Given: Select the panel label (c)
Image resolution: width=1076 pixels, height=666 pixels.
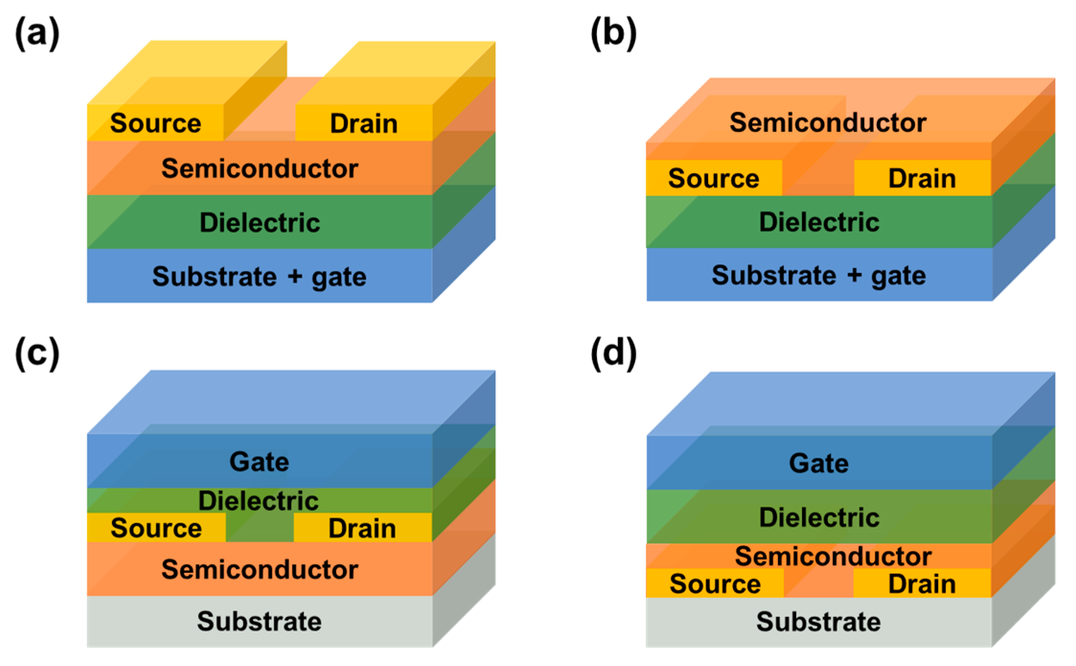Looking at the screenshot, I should [x=37, y=353].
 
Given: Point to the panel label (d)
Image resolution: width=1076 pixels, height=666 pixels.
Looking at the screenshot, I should [x=613, y=353].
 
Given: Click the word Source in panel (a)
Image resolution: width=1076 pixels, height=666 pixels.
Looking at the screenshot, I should [x=156, y=123].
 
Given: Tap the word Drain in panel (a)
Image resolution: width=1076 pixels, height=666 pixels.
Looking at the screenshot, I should [x=364, y=124].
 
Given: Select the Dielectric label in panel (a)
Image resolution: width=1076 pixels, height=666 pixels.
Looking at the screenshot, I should [x=260, y=222].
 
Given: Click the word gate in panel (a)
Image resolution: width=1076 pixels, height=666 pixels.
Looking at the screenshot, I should [x=339, y=277].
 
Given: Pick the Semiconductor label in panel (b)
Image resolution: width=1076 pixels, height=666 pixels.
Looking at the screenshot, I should [x=827, y=122].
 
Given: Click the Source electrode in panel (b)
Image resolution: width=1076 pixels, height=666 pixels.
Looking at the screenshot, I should [x=714, y=178].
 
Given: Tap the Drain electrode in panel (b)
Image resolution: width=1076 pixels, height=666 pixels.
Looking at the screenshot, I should [x=922, y=178].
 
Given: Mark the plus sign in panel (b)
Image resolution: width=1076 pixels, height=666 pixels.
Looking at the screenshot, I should [x=854, y=275].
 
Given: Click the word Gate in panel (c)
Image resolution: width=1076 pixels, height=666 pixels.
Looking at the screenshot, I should [x=259, y=462].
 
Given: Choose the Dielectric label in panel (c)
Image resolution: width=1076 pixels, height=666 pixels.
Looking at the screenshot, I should [x=259, y=501].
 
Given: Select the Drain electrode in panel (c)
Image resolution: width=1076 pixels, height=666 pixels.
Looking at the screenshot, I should [x=362, y=528].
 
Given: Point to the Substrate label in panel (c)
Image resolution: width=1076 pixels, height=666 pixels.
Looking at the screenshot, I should [x=259, y=621].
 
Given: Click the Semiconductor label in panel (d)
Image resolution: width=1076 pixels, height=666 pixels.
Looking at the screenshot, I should [x=833, y=556].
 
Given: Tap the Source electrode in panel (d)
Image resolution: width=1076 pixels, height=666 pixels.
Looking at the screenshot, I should [x=715, y=584].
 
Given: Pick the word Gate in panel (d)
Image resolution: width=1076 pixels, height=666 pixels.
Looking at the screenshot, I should [x=819, y=463].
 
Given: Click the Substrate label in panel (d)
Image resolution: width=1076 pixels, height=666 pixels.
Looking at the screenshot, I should [x=818, y=621].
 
